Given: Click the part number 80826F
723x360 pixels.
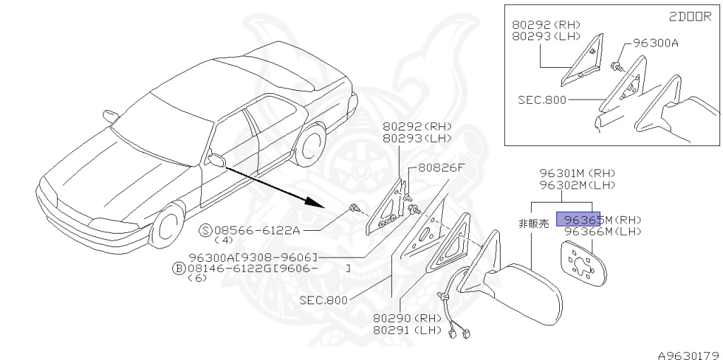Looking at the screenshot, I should (x=441, y=168).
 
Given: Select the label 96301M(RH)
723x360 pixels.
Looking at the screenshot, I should (x=576, y=173).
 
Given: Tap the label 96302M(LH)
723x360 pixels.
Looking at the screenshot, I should (x=576, y=185).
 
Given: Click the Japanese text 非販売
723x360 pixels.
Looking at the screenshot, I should (x=533, y=224).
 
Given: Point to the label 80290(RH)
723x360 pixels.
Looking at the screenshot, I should (x=408, y=318).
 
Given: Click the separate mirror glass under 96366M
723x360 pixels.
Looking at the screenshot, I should (x=582, y=262).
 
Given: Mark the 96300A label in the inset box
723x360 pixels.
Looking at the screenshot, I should (x=655, y=43).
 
